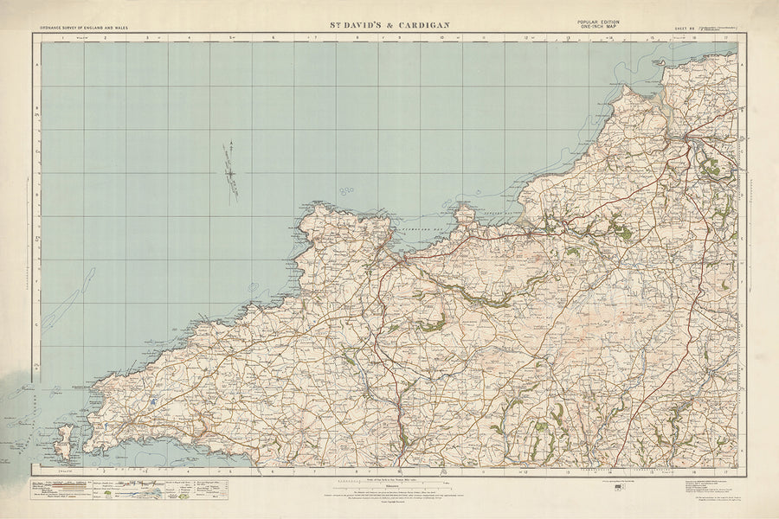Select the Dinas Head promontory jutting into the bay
(x=466, y=212)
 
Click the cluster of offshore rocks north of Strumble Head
(x=346, y=190)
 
